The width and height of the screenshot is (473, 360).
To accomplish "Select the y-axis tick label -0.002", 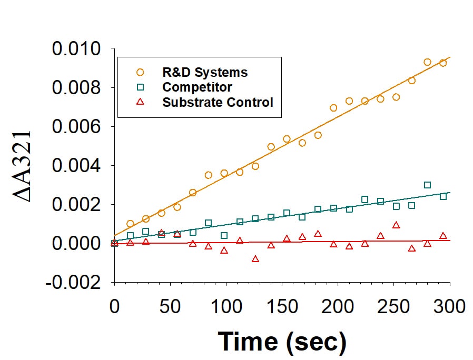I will (73, 283).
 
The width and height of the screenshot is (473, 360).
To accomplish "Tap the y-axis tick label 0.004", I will (76, 166).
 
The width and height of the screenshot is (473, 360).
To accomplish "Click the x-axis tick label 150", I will (282, 306).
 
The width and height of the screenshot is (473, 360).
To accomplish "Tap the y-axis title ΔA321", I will (24, 165).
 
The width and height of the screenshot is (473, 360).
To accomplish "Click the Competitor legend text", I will (198, 87).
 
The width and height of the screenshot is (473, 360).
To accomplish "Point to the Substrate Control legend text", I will (218, 102).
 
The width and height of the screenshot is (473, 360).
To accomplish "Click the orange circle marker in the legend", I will (140, 72).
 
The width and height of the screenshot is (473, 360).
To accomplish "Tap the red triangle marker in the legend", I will (140, 102).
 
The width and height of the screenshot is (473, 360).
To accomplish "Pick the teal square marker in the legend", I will (140, 87).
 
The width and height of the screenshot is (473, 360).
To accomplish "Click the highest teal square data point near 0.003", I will (427, 185).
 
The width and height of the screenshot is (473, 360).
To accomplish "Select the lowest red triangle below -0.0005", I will (255, 259).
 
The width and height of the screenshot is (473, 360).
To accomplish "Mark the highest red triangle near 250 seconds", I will (396, 225).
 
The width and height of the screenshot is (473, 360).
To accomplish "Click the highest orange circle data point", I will (427, 62).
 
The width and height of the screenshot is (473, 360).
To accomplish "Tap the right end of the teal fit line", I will (449, 193).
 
